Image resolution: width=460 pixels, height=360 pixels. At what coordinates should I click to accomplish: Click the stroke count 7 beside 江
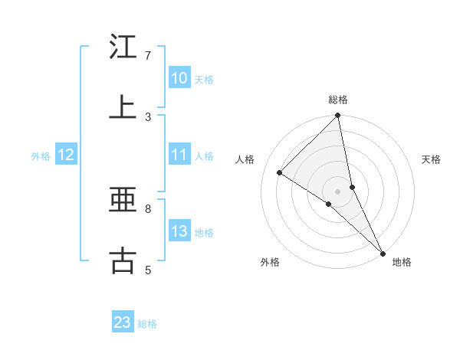click(148, 56)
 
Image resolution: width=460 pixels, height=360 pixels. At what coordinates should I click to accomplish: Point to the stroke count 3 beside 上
click(148, 116)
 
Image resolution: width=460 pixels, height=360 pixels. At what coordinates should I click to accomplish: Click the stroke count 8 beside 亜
click(148, 208)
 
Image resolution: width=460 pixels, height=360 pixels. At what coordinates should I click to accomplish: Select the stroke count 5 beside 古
click(148, 270)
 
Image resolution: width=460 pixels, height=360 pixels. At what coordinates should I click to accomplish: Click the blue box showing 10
click(179, 78)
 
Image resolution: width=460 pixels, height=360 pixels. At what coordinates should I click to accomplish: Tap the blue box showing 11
click(179, 155)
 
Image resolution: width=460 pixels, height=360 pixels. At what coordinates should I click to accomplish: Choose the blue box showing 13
click(179, 231)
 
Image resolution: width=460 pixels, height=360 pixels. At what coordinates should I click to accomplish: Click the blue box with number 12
click(66, 155)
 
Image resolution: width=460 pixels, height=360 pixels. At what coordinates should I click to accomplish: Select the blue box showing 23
click(123, 322)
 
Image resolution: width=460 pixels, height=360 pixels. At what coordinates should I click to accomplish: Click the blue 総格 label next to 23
click(147, 324)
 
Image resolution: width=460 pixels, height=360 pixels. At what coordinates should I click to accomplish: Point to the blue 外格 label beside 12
click(41, 156)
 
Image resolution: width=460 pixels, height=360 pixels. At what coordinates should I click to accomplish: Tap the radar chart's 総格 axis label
click(338, 100)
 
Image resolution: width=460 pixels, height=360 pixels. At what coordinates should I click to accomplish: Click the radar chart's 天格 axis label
click(432, 159)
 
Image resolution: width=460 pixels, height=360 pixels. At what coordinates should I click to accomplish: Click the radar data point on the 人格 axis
click(280, 172)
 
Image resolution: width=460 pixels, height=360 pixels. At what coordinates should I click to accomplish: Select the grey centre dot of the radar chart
click(338, 191)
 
